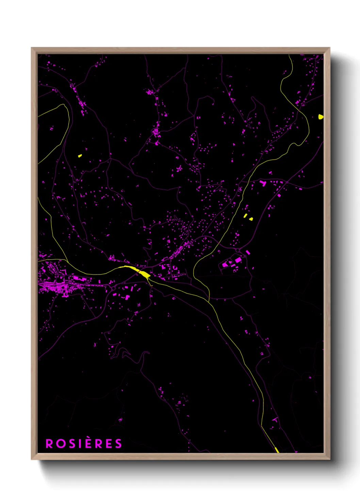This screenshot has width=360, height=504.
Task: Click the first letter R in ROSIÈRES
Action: (x=49, y=444)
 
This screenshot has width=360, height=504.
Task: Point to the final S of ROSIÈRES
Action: (x=118, y=444)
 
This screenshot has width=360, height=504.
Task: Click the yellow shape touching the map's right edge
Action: (x=321, y=117)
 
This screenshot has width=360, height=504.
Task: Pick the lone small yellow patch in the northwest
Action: (x=80, y=156)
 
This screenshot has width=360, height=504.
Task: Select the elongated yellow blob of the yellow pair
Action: (x=245, y=216)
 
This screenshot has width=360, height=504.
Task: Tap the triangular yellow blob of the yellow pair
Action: (x=251, y=219)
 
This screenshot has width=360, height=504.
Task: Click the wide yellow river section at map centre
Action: (x=144, y=273)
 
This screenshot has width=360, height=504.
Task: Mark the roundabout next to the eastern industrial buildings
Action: (x=238, y=250)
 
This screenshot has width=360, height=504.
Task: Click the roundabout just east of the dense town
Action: (x=113, y=288)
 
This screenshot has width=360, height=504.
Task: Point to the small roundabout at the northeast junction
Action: (x=287, y=182)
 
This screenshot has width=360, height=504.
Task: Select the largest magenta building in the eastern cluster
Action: (x=238, y=260)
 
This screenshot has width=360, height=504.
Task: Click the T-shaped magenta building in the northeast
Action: (x=263, y=183)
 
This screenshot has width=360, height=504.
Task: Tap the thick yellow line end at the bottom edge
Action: (x=277, y=450)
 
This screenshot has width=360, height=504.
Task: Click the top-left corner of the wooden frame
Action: (x=32, y=48)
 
